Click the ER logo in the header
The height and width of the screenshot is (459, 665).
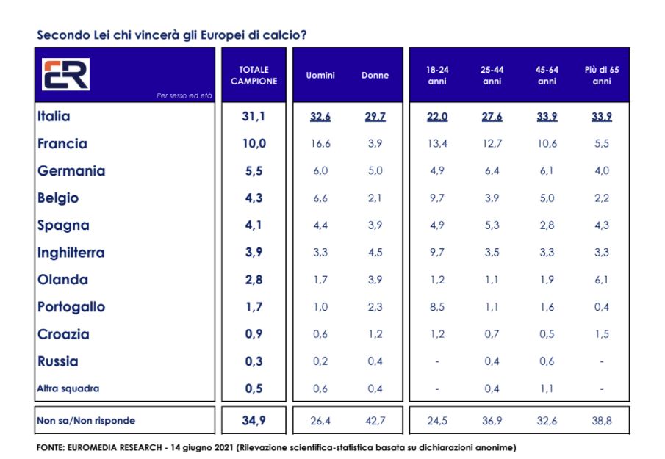click(x=65, y=74)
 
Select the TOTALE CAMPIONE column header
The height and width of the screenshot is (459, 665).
click(x=254, y=75)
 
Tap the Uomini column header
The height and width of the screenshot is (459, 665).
click(x=320, y=75)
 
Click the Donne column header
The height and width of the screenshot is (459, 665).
click(x=375, y=75)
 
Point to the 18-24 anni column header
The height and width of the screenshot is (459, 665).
click(x=437, y=75)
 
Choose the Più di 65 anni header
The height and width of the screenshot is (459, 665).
click(x=602, y=75)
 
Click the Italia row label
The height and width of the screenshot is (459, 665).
click(x=54, y=116)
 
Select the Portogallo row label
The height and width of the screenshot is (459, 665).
click(x=71, y=307)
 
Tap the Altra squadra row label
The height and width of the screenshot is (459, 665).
click(x=68, y=388)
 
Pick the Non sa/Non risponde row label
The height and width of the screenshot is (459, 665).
click(x=86, y=421)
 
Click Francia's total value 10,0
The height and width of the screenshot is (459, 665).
click(x=254, y=144)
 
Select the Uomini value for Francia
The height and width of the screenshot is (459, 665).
click(x=320, y=144)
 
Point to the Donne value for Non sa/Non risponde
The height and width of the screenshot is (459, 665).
click(x=375, y=421)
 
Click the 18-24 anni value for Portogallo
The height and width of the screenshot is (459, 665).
click(x=437, y=307)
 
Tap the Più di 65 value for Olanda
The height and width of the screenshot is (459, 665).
click(x=602, y=280)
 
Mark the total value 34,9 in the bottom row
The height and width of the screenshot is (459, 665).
click(x=254, y=421)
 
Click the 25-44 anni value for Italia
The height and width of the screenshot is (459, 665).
click(x=492, y=117)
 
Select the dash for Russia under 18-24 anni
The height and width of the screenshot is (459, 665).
click(x=437, y=361)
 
